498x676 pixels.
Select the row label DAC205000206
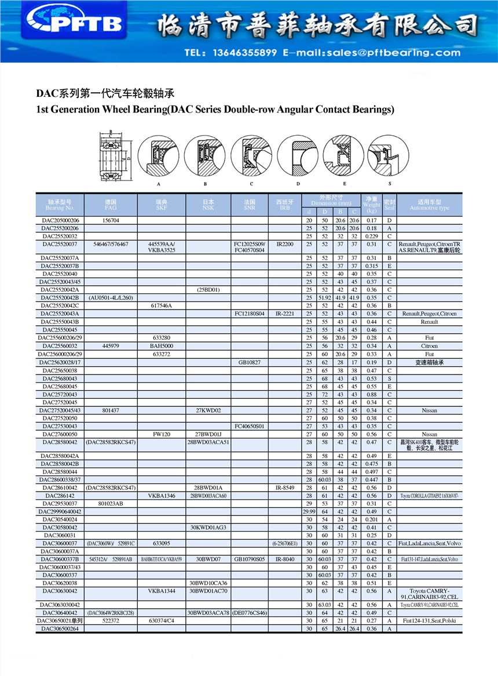[60, 221]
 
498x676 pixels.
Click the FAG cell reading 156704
[111, 221]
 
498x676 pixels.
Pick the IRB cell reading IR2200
[285, 245]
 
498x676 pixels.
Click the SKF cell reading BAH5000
[162, 346]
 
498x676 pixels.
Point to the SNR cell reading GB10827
[250, 362]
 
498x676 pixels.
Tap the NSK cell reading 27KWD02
[208, 410]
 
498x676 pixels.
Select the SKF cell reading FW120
[162, 434]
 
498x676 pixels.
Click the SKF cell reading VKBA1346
[162, 496]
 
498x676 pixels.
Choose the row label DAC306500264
[60, 628]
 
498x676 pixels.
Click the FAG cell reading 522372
[111, 620]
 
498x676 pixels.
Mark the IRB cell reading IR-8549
[285, 488]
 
